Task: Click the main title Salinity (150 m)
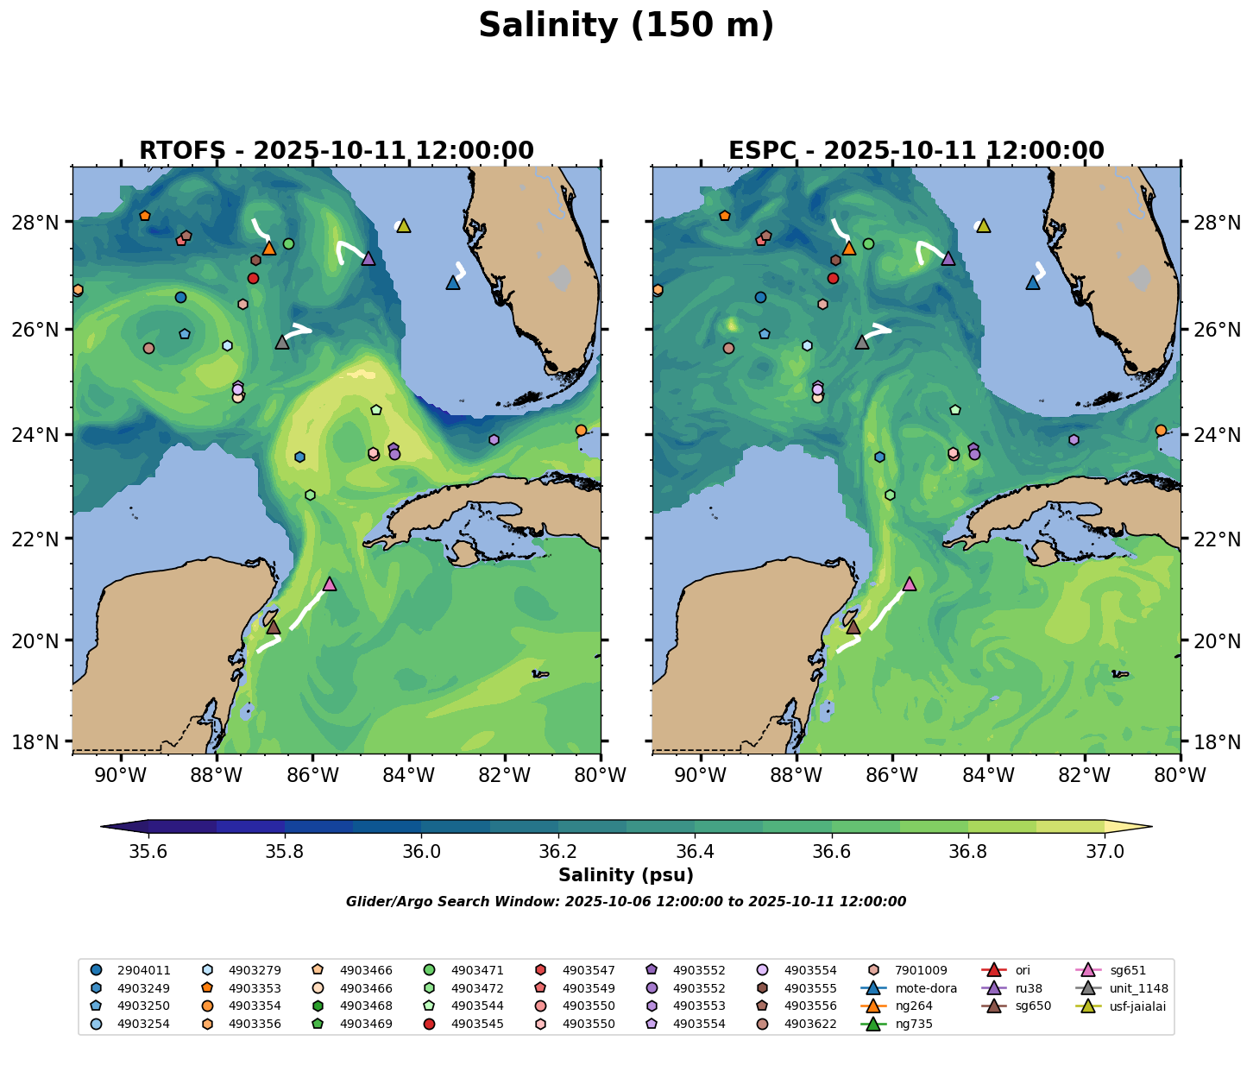626,26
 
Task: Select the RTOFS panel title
337,151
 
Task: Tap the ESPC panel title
916,151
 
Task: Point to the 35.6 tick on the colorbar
148,851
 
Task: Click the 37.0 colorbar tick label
1104,851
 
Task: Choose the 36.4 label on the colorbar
695,851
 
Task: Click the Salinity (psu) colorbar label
626,875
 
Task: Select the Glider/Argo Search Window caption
626,902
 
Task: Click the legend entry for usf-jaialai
1121,1006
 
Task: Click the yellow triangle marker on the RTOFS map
403,226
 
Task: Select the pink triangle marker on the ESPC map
909,584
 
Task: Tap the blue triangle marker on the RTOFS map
453,283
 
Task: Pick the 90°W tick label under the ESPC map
700,776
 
